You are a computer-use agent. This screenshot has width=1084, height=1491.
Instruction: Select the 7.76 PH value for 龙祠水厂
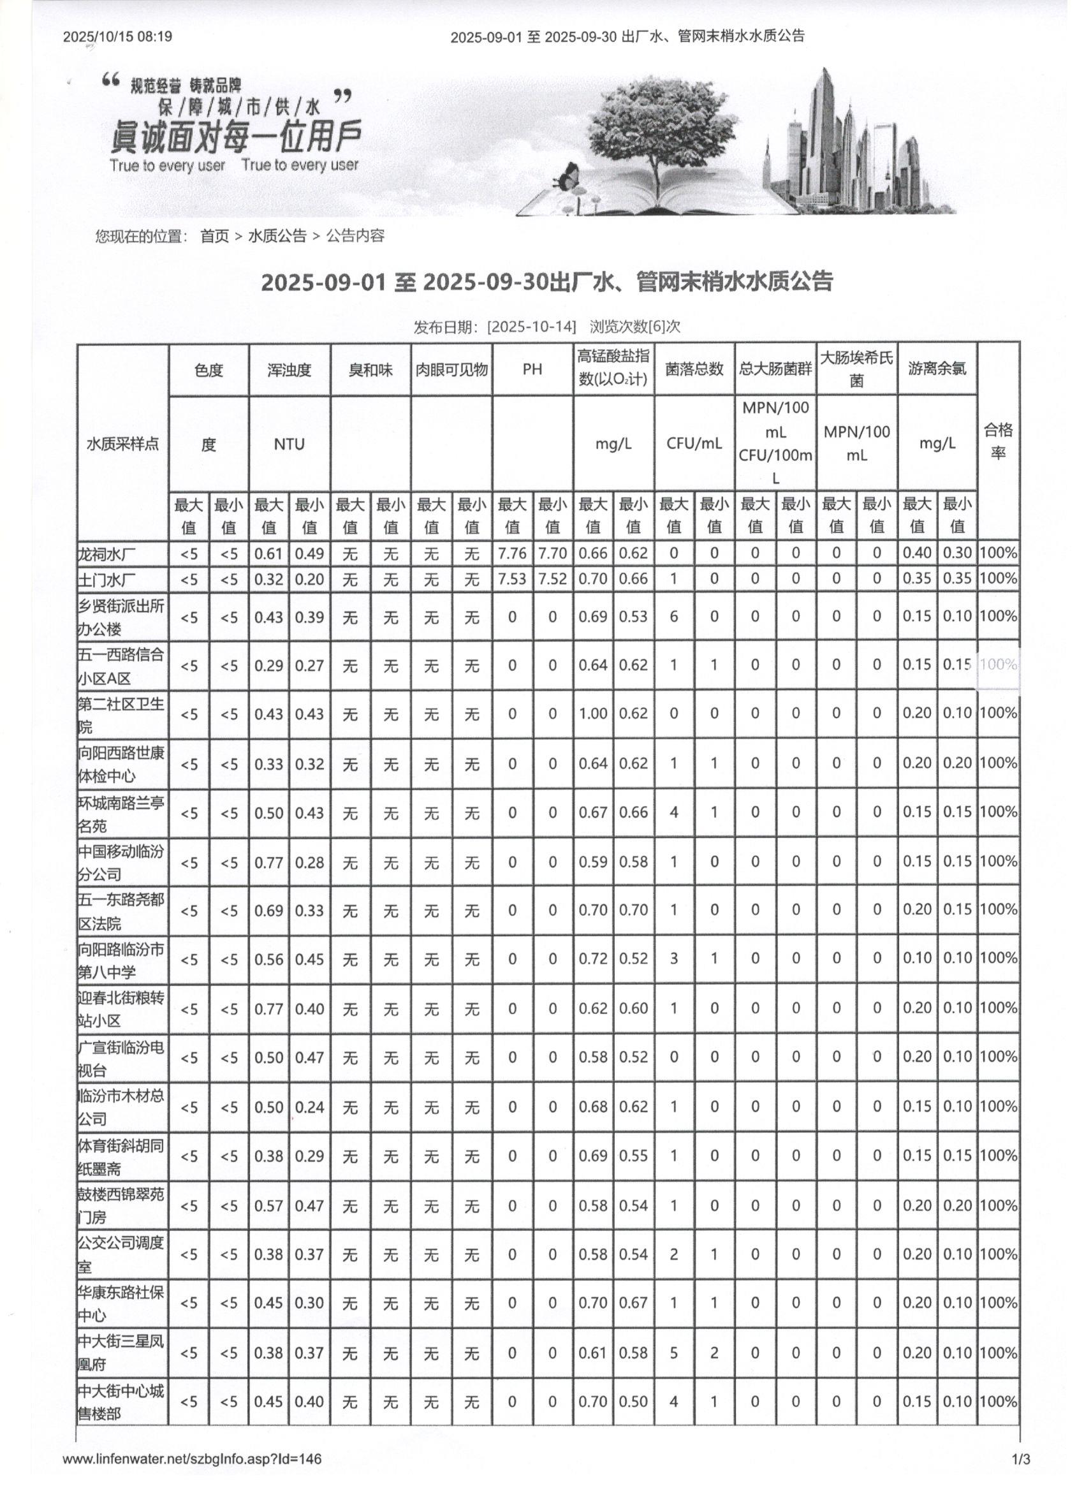tap(512, 554)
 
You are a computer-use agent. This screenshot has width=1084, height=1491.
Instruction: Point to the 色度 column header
tap(209, 370)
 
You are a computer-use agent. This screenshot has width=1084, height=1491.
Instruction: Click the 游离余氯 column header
tap(937, 369)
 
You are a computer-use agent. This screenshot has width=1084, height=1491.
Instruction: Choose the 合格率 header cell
tap(998, 441)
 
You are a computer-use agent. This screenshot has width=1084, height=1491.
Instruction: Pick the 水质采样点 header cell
tap(123, 444)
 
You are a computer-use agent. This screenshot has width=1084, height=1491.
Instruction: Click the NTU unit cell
tap(289, 444)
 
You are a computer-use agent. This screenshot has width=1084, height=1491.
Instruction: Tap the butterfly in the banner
tap(567, 175)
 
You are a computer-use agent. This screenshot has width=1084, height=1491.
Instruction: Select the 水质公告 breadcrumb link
tap(277, 236)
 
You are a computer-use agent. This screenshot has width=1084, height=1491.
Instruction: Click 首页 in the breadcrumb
tap(214, 236)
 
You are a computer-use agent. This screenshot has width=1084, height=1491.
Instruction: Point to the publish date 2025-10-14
tap(531, 327)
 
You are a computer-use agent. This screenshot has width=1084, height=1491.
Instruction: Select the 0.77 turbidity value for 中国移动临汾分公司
tap(268, 862)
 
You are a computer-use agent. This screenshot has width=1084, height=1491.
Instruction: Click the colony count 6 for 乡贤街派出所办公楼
tap(673, 617)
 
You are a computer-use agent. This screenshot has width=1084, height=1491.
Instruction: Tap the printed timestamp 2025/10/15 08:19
tap(118, 36)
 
